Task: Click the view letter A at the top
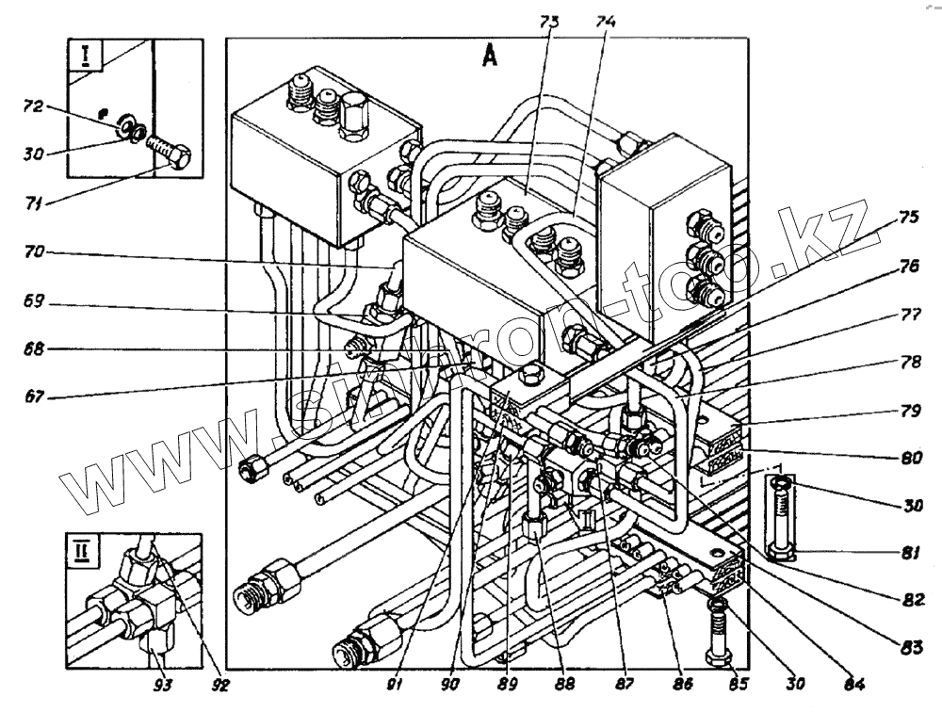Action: pos(490,57)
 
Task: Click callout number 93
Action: pos(162,678)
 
